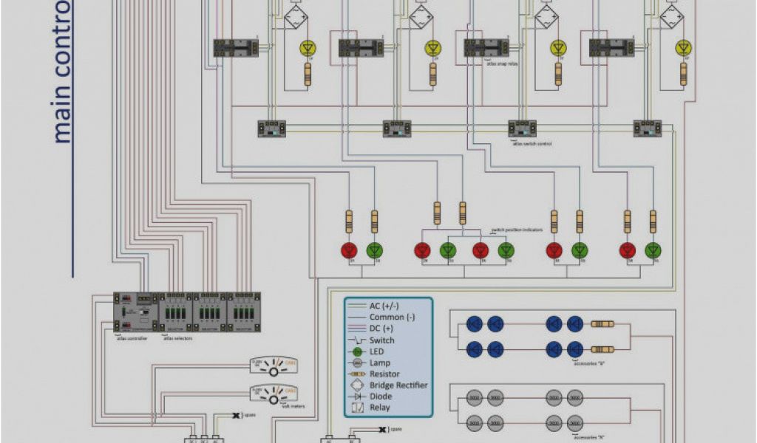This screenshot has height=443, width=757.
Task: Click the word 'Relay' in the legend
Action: pyautogui.click(x=380, y=408)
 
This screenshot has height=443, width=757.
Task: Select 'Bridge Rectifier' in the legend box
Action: pyautogui.click(x=398, y=385)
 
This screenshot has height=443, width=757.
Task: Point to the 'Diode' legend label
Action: pyautogui.click(x=381, y=396)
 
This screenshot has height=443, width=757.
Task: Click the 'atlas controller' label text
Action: pyautogui.click(x=132, y=338)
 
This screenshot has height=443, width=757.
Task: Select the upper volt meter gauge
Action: pyautogui.click(x=274, y=367)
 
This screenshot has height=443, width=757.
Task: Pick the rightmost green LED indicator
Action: pyautogui.click(x=653, y=250)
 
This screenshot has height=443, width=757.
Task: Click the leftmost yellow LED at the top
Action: pyautogui.click(x=308, y=48)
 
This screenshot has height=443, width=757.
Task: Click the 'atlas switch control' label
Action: pyautogui.click(x=532, y=143)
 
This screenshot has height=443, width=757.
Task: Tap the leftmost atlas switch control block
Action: pyautogui.click(x=271, y=128)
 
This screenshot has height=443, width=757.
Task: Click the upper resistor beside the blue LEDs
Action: pyautogui.click(x=602, y=323)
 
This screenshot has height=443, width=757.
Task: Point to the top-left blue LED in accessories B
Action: pyautogui.click(x=475, y=323)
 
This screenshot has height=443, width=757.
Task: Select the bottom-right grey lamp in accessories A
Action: pyautogui.click(x=574, y=422)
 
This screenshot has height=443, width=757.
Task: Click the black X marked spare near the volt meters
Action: pyautogui.click(x=236, y=416)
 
